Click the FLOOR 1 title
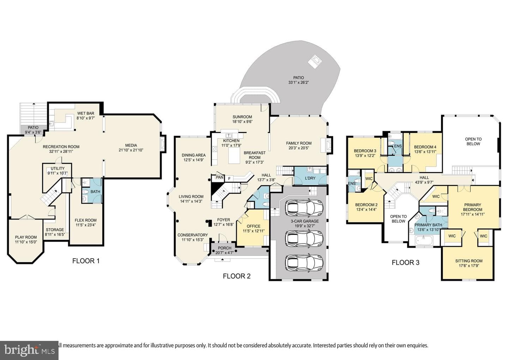[x=86, y=261]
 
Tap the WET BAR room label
[x=85, y=113]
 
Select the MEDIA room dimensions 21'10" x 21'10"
[x=131, y=150]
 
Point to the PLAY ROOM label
[x=26, y=237]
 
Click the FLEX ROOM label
[x=85, y=220]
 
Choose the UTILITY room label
[x=58, y=168]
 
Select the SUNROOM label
[x=242, y=117]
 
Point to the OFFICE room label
[x=254, y=226]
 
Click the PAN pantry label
[x=219, y=177]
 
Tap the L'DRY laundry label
[x=310, y=178]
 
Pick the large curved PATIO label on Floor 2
[x=298, y=78]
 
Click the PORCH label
[x=224, y=248]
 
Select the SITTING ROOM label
[x=469, y=261]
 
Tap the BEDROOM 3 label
[x=365, y=151]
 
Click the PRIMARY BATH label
[x=428, y=225]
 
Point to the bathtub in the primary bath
[x=424, y=240]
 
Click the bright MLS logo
[x=29, y=350]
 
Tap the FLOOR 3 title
[x=405, y=263]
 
